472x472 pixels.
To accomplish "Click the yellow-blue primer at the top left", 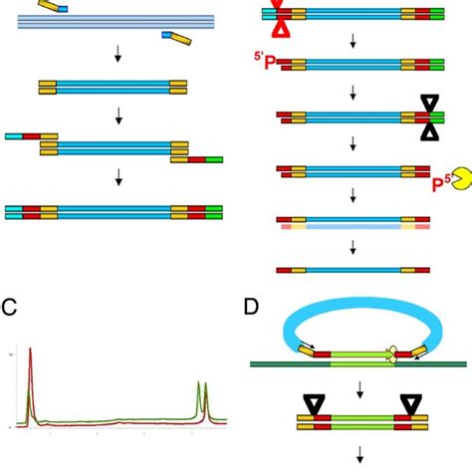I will click(x=53, y=7).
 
